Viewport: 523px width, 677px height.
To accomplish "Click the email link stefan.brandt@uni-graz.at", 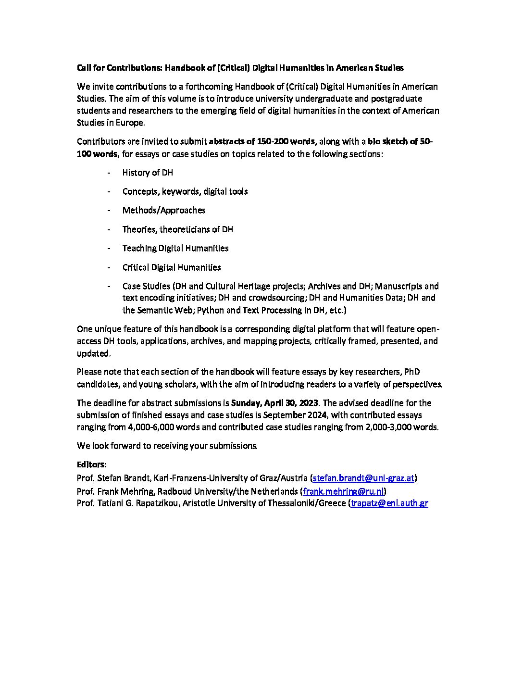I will (x=363, y=478).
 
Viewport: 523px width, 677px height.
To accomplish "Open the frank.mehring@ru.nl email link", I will (x=344, y=491).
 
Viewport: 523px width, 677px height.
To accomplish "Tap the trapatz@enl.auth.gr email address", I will (x=389, y=503).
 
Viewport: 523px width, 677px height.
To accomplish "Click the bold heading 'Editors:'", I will (x=92, y=465).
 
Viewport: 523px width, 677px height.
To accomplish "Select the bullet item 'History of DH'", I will (x=148, y=173).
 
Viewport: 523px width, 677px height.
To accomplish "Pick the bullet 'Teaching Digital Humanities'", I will (x=175, y=248).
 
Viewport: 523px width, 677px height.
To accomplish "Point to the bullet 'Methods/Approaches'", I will (x=164, y=210).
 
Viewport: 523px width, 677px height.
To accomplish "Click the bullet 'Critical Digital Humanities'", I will (x=172, y=267).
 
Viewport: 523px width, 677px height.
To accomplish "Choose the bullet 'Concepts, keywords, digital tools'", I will (x=185, y=191).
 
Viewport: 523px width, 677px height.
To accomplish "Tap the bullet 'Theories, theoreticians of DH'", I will (x=178, y=229).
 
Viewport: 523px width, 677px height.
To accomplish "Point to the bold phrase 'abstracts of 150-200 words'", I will (x=262, y=142).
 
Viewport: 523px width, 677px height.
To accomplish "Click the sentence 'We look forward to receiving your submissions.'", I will (x=167, y=446).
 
